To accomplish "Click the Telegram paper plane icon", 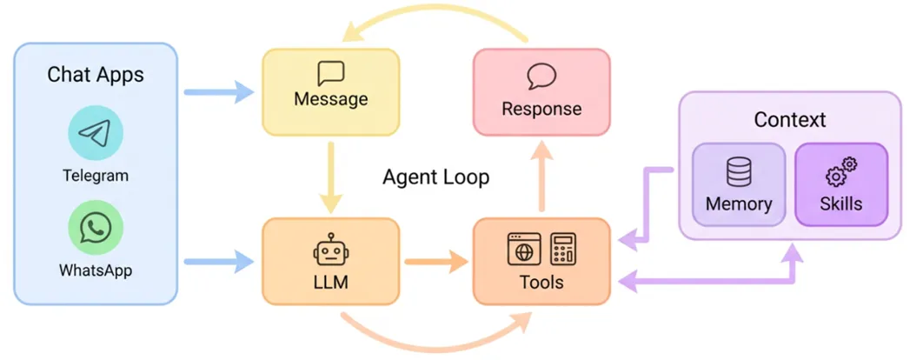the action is pyautogui.click(x=96, y=132).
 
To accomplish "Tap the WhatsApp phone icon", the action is pyautogui.click(x=96, y=228).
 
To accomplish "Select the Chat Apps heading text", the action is pyautogui.click(x=96, y=75).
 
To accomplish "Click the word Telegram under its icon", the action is pyautogui.click(x=96, y=175).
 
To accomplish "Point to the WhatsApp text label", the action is pyautogui.click(x=96, y=270).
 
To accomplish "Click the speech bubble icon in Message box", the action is pyautogui.click(x=331, y=74).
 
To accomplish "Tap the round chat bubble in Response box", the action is pyautogui.click(x=541, y=76).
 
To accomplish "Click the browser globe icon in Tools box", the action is pyautogui.click(x=524, y=249).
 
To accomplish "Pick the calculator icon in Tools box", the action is pyautogui.click(x=563, y=249).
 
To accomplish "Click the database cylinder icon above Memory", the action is pyautogui.click(x=739, y=173).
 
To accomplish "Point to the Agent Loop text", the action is pyautogui.click(x=436, y=177).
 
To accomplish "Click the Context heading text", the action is pyautogui.click(x=790, y=120).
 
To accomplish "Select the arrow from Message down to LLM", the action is pyautogui.click(x=331, y=177).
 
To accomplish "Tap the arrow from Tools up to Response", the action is pyautogui.click(x=541, y=177).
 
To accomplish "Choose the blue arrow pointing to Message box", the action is pyautogui.click(x=219, y=92).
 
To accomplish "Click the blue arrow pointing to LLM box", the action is pyautogui.click(x=219, y=261).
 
